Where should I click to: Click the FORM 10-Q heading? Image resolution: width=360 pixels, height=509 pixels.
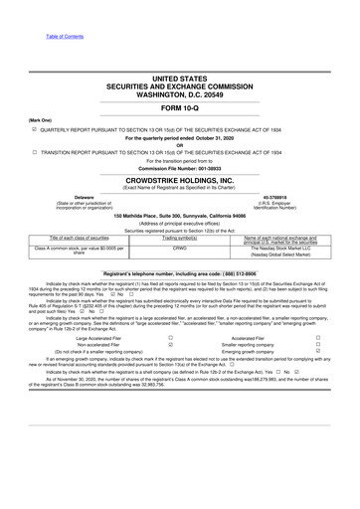click(x=180, y=107)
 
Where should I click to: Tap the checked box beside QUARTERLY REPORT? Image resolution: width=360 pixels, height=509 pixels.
click(x=35, y=128)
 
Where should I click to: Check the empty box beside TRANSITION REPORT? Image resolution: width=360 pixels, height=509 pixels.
click(x=35, y=151)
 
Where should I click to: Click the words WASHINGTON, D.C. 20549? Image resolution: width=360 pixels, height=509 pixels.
click(x=180, y=91)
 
